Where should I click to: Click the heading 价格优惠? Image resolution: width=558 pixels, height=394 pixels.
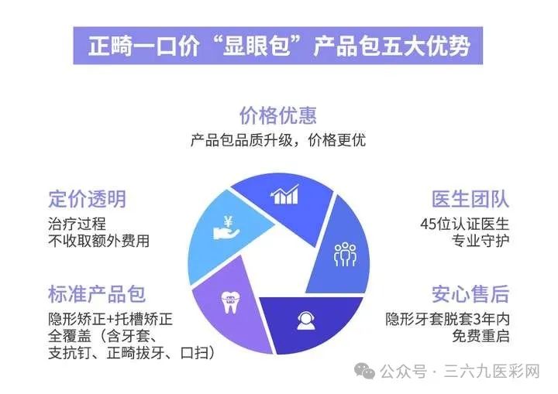tap(278, 115)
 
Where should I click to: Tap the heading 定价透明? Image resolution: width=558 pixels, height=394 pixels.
tap(87, 199)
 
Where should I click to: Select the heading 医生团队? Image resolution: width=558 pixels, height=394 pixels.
tap(470, 199)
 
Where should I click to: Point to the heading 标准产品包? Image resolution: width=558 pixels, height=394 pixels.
tap(97, 294)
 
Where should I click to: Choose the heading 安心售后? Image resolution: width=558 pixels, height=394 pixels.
tap(470, 294)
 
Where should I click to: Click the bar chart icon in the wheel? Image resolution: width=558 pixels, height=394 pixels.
tap(284, 194)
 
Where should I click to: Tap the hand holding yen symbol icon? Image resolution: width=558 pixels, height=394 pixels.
tap(226, 228)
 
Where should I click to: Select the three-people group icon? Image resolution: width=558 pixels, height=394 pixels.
tap(345, 254)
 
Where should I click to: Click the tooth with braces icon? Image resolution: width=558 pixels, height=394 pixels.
tap(231, 302)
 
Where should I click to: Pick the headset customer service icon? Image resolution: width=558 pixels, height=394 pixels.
tap(305, 320)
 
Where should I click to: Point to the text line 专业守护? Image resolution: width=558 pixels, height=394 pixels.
tap(480, 241)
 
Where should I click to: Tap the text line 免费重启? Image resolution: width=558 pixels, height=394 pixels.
tap(480, 336)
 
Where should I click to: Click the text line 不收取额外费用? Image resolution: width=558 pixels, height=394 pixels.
tap(98, 241)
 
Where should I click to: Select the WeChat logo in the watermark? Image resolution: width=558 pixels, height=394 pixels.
tap(364, 372)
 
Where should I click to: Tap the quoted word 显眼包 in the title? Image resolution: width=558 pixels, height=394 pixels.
tap(256, 46)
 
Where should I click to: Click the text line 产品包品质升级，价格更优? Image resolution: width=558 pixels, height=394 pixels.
tap(278, 140)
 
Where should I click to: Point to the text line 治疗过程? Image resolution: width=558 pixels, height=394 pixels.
tap(77, 224)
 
